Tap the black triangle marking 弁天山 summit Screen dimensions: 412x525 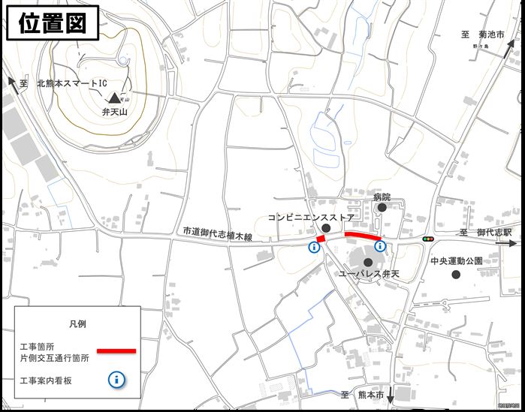[x=114, y=98]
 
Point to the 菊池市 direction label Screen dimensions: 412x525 [x=484, y=35]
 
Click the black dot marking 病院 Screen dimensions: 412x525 [x=382, y=208]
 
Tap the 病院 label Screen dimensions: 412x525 [x=382, y=196]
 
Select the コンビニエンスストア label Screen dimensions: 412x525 [x=311, y=217]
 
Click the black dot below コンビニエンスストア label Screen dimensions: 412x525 [x=326, y=227]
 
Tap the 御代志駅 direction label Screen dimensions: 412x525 [x=486, y=233]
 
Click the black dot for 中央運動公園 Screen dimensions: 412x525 [x=456, y=275]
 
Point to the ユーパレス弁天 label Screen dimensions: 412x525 [x=368, y=274]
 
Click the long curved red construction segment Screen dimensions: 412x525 [x=363, y=236]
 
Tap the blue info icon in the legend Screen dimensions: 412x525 [x=116, y=380]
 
